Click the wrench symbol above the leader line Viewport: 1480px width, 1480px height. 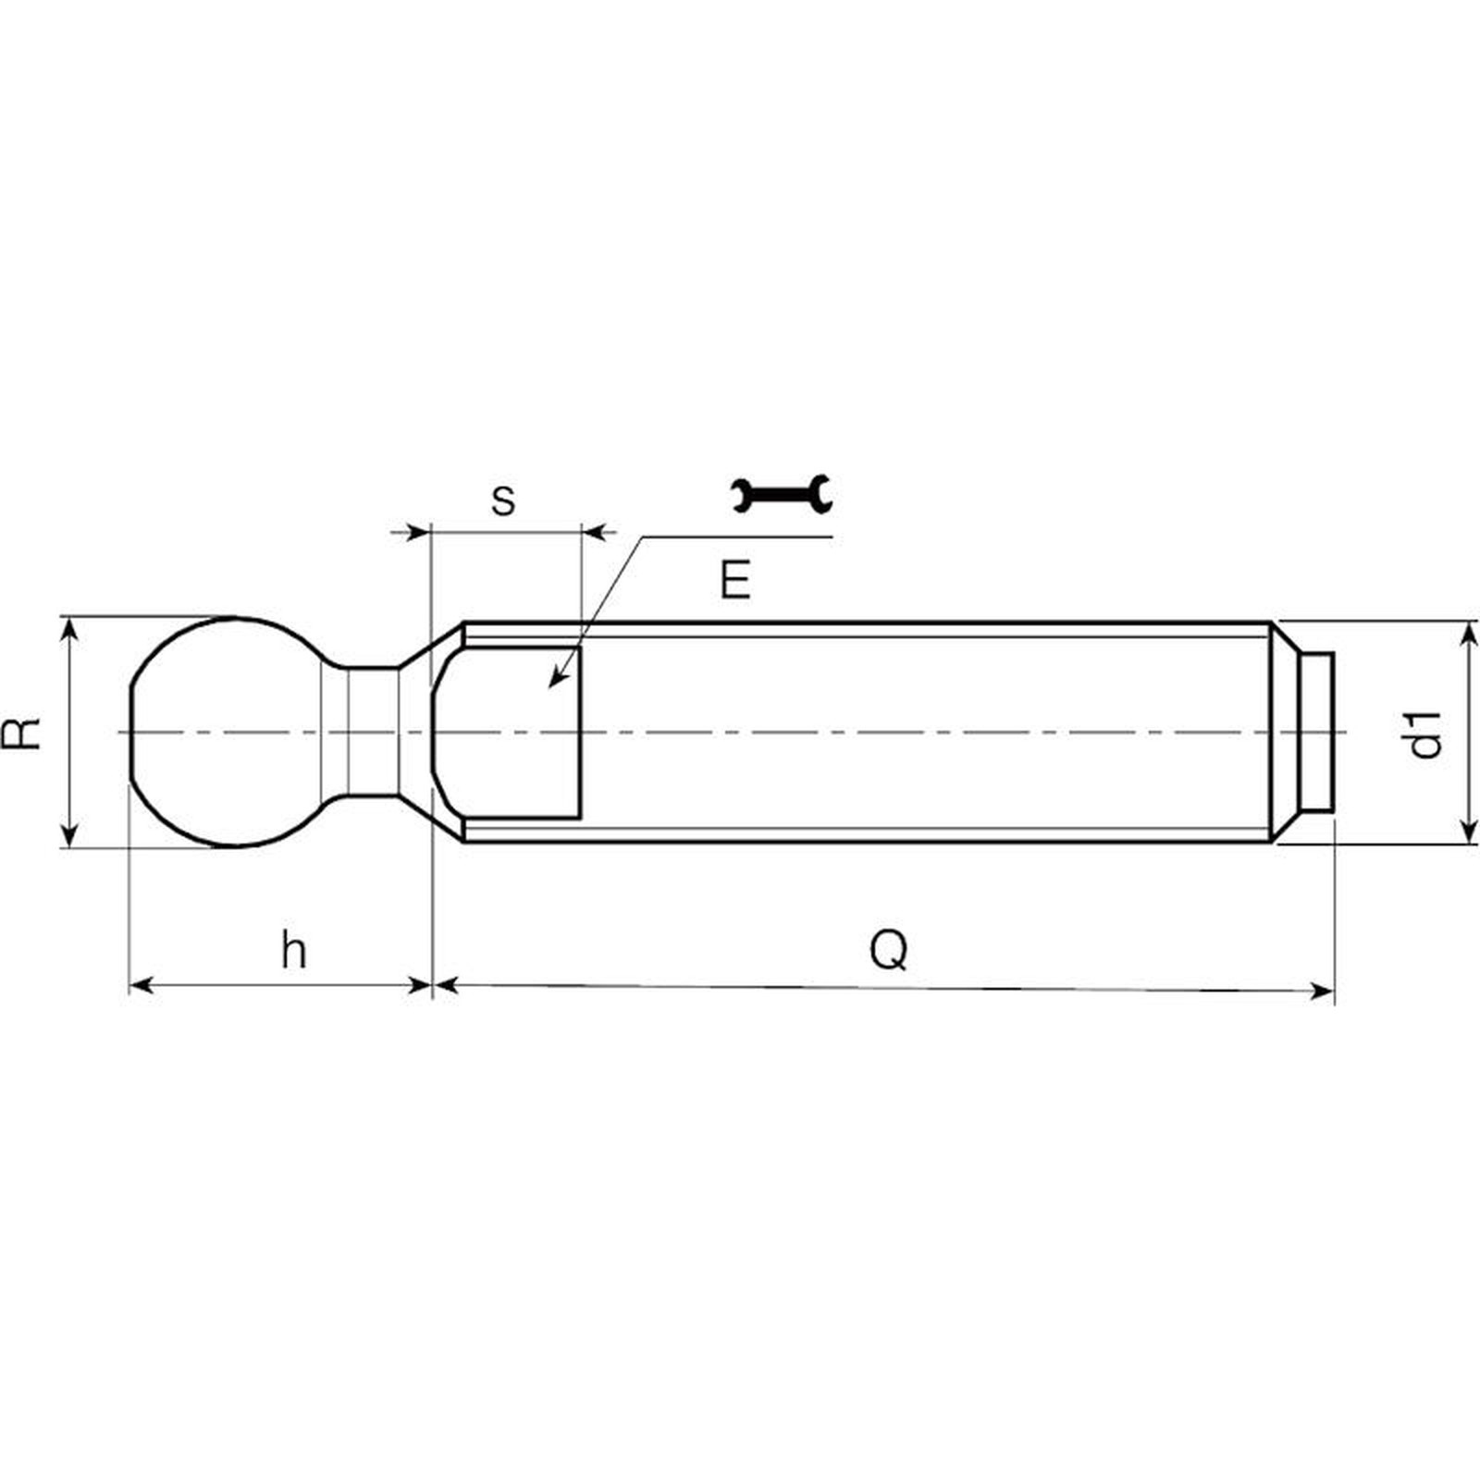pos(782,494)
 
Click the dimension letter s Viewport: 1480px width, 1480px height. pos(503,500)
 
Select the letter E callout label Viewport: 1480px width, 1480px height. pos(735,581)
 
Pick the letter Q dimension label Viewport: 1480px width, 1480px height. pos(889,950)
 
